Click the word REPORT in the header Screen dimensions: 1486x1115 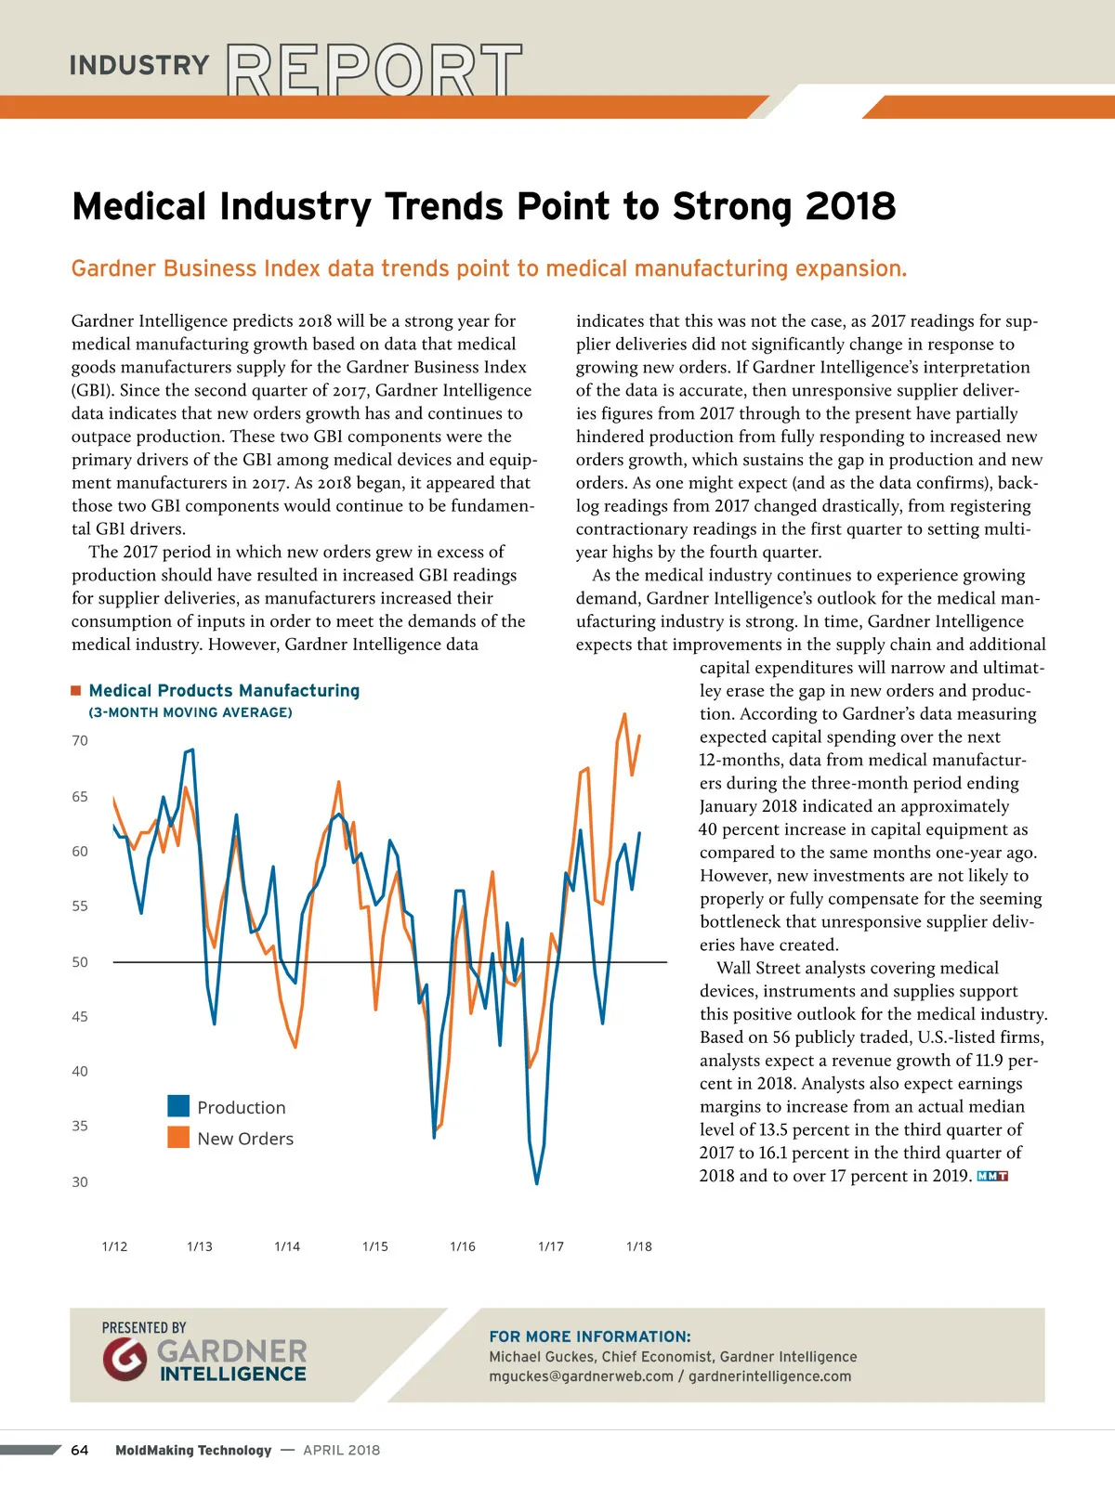pos(374,70)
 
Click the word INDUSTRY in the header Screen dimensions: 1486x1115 pos(139,65)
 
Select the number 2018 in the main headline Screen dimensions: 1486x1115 pos(850,206)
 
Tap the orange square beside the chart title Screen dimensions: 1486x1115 pos(76,690)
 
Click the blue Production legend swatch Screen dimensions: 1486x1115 pos(178,1106)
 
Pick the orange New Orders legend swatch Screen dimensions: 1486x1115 pos(178,1138)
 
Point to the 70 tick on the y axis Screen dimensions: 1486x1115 pos(80,740)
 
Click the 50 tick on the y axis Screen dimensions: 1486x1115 pos(80,962)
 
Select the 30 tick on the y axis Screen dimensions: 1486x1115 pos(80,1182)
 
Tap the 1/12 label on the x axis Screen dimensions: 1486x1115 pos(114,1246)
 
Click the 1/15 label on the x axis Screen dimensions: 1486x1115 pos(375,1246)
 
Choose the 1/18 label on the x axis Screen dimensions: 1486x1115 pos(639,1246)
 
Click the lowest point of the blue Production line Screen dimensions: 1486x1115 pos(537,1183)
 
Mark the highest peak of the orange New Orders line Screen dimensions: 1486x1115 pos(624,714)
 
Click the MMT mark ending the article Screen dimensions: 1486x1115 pos(992,1177)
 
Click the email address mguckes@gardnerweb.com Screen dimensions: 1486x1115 pos(581,1376)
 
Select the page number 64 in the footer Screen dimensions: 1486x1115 pos(80,1450)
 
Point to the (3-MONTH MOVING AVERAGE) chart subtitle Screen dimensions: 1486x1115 pos(190,712)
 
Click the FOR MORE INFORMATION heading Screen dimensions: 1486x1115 pos(590,1336)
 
